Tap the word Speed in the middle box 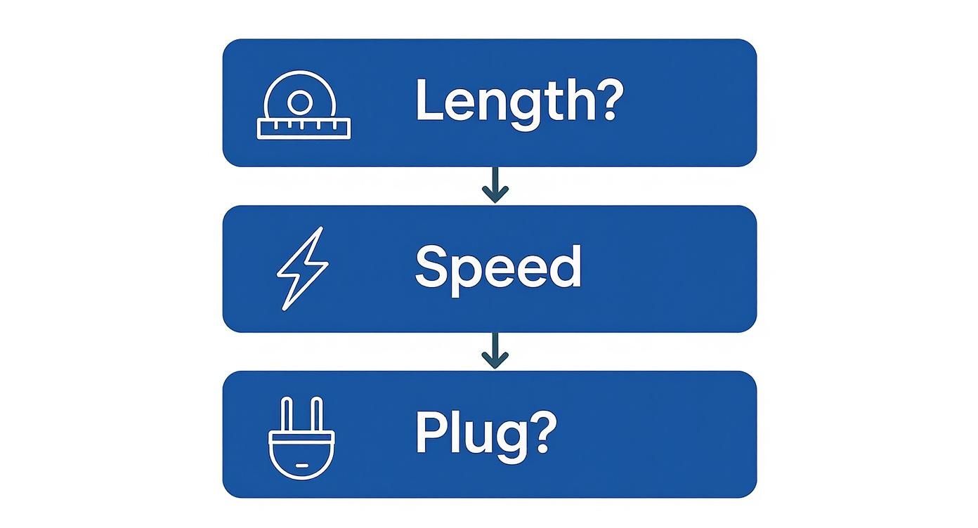[x=497, y=268]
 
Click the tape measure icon [x=304, y=105]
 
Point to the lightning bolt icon [x=302, y=268]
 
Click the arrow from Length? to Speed [x=495, y=185]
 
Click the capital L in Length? [x=428, y=100]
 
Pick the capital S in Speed [x=431, y=267]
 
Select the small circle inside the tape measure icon [x=299, y=103]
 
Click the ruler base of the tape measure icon [x=304, y=128]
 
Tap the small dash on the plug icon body [x=301, y=465]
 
